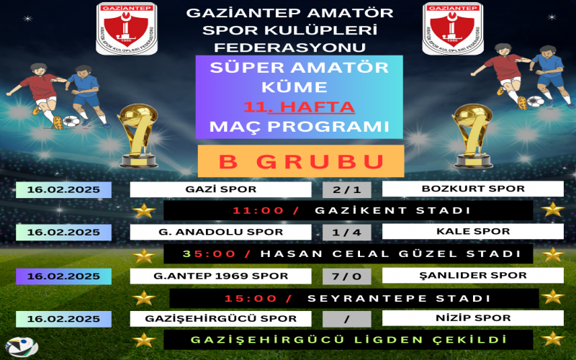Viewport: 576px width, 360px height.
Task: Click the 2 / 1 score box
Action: (x=347, y=190)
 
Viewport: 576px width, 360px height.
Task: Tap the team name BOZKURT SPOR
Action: (x=473, y=189)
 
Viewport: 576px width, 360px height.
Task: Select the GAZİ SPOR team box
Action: (x=221, y=189)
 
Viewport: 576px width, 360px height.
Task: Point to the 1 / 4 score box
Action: (x=347, y=233)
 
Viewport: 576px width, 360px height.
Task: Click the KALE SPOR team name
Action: (x=473, y=231)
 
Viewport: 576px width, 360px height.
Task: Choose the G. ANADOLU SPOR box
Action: (x=221, y=232)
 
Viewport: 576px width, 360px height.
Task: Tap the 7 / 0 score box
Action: (x=347, y=276)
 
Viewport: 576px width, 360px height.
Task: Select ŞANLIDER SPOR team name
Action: (x=473, y=275)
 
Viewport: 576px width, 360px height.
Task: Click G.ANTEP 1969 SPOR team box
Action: (x=221, y=276)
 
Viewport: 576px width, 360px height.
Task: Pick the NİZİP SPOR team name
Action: (x=473, y=318)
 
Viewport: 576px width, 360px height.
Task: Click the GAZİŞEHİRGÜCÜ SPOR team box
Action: (x=221, y=318)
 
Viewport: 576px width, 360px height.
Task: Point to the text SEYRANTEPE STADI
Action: (x=399, y=298)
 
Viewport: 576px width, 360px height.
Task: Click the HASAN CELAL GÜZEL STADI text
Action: (x=391, y=254)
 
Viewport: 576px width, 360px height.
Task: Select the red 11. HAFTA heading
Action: (x=299, y=107)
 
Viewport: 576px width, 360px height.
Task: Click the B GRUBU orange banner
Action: (x=301, y=161)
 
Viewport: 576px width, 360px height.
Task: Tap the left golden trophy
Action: (x=138, y=136)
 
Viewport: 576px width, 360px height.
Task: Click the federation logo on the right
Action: (x=453, y=29)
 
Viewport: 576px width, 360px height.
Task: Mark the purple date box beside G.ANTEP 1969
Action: (x=63, y=276)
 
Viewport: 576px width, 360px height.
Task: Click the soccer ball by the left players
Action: (x=71, y=122)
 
